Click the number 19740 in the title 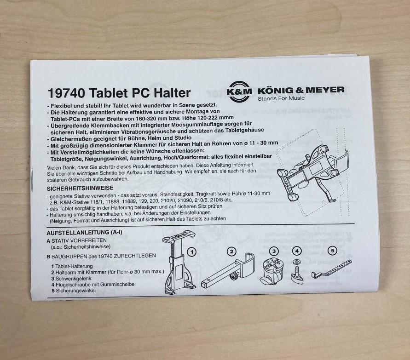click(66, 93)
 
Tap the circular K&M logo click(239, 91)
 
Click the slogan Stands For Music click(281, 98)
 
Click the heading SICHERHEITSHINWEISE click(80, 188)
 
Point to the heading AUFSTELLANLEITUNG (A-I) click(84, 232)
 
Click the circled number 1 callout click(192, 252)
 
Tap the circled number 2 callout click(231, 252)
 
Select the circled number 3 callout click(274, 251)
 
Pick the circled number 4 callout click(297, 251)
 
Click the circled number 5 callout click(332, 251)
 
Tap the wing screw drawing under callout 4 click(297, 273)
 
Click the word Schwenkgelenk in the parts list click(74, 279)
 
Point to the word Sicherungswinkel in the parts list click(75, 291)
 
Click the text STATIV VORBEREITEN click(79, 240)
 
